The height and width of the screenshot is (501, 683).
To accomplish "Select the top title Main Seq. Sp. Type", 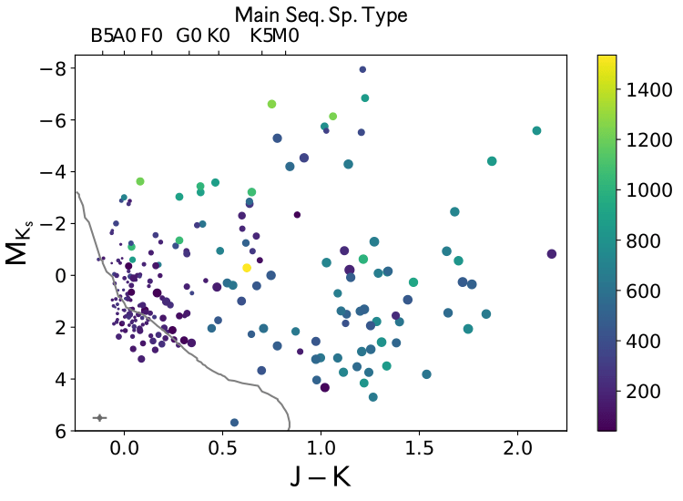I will [x=321, y=15].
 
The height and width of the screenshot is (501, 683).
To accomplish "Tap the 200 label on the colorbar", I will [x=643, y=390].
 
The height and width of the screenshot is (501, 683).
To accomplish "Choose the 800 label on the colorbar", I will [x=643, y=240].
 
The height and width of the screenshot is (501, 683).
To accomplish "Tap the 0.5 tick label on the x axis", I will [x=221, y=450].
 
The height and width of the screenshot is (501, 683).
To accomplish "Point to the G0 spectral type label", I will [x=189, y=36].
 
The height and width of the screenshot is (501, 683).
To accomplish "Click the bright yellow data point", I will [x=246, y=268].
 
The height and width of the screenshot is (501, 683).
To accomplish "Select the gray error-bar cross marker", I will [x=99, y=418].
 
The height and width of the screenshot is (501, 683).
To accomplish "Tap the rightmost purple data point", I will [x=551, y=254].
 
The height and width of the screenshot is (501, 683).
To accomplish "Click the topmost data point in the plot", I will [x=362, y=69].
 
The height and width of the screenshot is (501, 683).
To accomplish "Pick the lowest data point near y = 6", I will [x=234, y=423].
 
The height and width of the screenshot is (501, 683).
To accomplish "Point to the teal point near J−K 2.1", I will [x=536, y=131].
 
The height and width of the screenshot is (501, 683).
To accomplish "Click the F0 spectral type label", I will [x=151, y=36].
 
